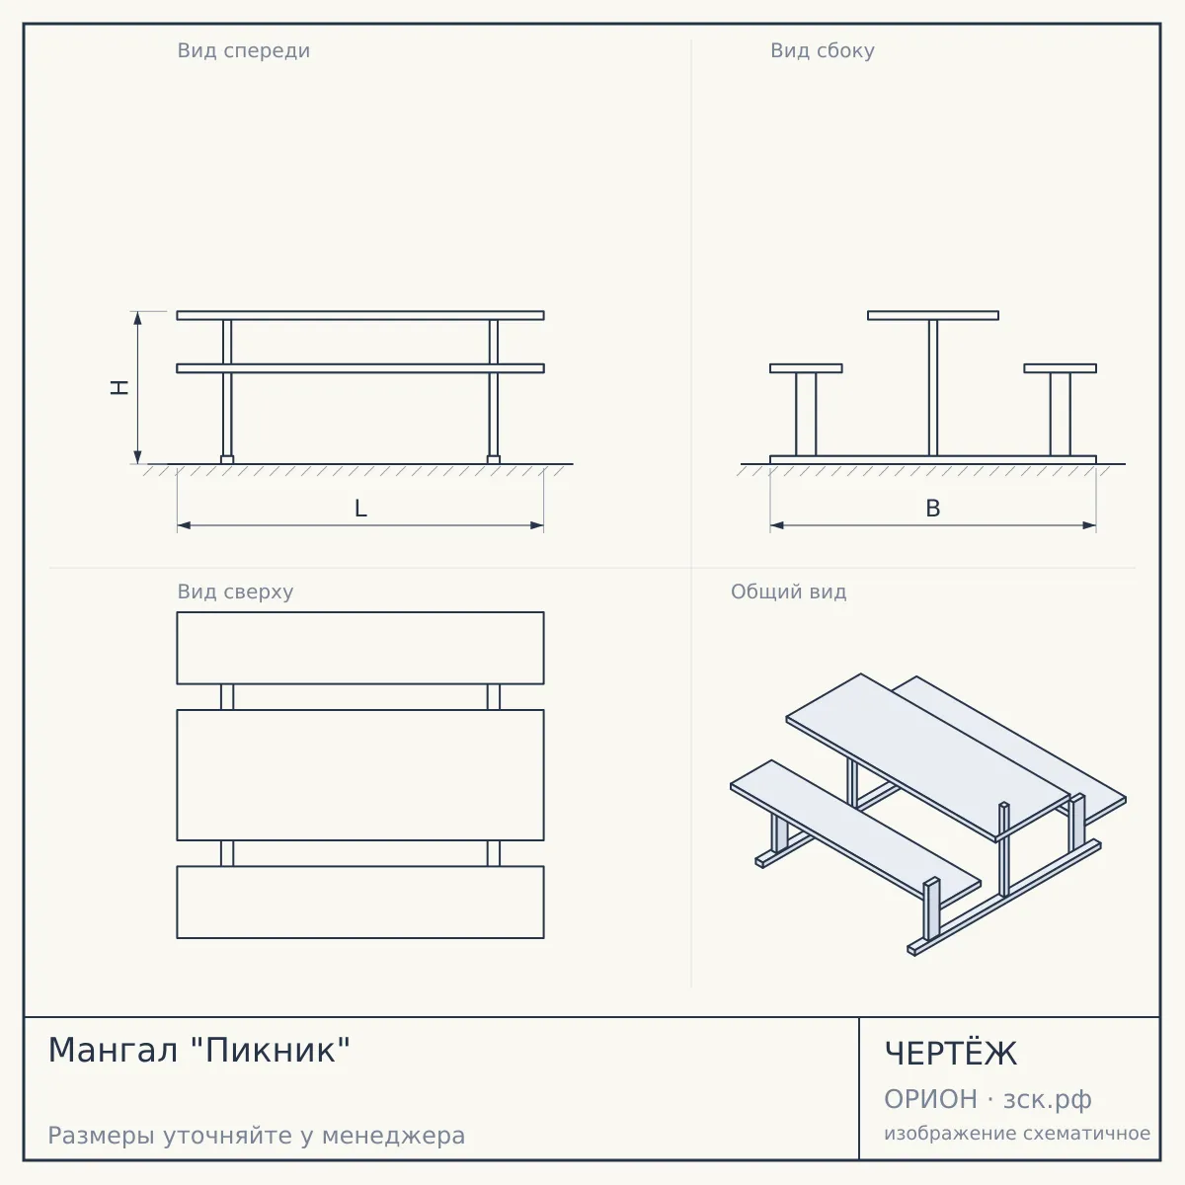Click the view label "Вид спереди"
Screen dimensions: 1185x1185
244,50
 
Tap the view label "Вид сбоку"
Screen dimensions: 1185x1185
823,50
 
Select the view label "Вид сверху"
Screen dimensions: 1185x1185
236,592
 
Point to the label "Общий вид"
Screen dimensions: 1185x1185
788,592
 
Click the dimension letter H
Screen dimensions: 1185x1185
119,387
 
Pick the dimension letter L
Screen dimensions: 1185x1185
360,508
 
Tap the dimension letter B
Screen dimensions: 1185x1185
933,508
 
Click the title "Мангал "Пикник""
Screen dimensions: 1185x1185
199,1050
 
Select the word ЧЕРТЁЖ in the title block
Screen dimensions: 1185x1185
951,1053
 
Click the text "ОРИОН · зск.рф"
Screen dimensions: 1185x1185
987,1099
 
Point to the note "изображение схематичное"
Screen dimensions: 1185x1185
1017,1133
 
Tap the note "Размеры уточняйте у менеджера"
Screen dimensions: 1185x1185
257,1136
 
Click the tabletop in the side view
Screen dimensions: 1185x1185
933,315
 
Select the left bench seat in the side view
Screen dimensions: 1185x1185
806,368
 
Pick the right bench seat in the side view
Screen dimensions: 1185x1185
1061,368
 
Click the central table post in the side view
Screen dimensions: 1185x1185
933,388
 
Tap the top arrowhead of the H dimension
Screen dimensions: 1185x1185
137,318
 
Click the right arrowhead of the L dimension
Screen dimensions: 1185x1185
537,525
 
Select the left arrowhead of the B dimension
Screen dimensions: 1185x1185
777,525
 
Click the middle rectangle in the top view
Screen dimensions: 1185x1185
360,775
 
